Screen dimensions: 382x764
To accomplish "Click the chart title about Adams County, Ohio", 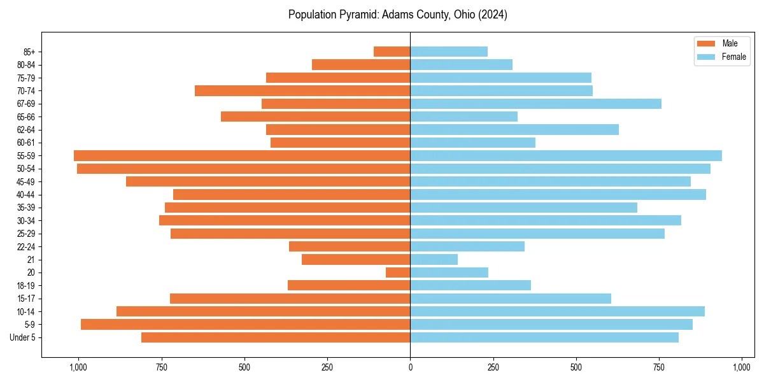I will point(397,15).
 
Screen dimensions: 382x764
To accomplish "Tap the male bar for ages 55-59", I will point(242,155).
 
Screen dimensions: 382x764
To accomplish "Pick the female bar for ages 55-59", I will point(566,155).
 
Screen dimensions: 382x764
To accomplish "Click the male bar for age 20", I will point(398,272).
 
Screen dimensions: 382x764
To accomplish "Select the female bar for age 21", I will point(434,259).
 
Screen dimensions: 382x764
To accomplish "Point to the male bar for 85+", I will point(392,52).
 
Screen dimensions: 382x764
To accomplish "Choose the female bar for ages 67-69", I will point(535,104).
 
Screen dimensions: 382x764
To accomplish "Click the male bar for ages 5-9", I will point(246,324).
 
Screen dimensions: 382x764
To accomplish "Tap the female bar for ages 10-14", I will point(557,311).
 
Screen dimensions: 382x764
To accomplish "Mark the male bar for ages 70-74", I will point(302,90).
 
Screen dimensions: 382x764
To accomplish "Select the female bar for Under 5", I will point(544,337).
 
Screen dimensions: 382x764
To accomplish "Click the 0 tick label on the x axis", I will point(410,367).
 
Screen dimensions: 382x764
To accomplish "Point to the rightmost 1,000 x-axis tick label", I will point(742,367).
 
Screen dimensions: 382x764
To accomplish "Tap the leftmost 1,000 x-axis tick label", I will point(78,367).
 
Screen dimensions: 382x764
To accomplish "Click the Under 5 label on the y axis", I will point(23,337).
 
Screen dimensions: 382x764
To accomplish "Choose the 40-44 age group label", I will point(26,194).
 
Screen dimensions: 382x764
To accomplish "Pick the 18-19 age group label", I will point(26,285).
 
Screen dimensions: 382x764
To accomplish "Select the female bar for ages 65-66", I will point(463,117).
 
